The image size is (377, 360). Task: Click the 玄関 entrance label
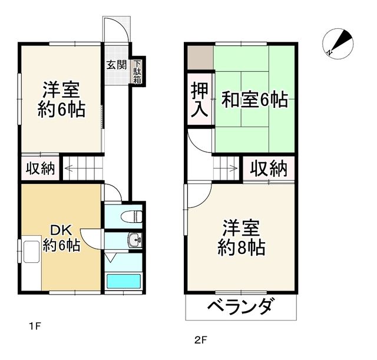[116, 65]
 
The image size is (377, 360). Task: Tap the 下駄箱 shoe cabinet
[137, 71]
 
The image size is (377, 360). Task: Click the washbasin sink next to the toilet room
[135, 240]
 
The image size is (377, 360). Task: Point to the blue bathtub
[123, 281]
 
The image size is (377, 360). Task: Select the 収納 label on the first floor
[40, 169]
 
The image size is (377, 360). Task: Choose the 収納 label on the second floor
[269, 169]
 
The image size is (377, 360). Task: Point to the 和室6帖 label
[254, 100]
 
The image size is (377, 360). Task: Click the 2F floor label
[201, 339]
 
